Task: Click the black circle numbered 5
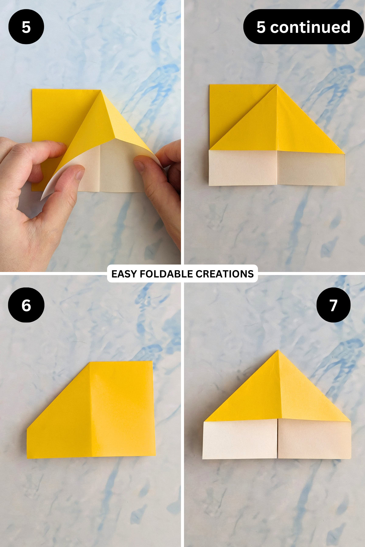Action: pyautogui.click(x=26, y=27)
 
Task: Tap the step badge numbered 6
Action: pyautogui.click(x=26, y=305)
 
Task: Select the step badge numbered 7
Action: pyautogui.click(x=333, y=305)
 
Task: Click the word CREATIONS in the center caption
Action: pyautogui.click(x=224, y=274)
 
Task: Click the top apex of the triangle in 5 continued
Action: pyautogui.click(x=276, y=85)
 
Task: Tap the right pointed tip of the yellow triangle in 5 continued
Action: pyautogui.click(x=343, y=153)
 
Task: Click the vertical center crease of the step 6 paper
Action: pyautogui.click(x=91, y=410)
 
